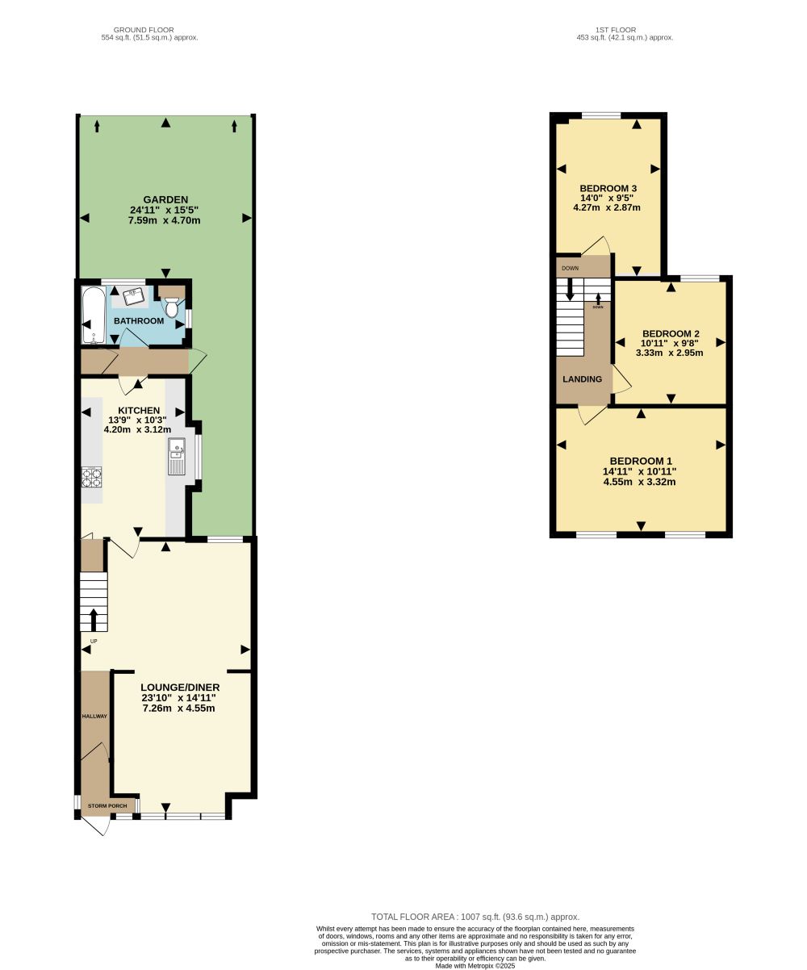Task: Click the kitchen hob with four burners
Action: coord(91,477)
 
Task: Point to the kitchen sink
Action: coord(177,456)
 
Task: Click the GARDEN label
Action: coord(165,200)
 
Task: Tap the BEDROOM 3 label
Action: coord(608,188)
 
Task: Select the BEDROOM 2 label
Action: coord(671,333)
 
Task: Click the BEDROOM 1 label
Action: coord(640,461)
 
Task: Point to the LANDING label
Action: coord(582,379)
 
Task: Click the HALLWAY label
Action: coord(94,716)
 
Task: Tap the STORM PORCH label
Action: coord(107,805)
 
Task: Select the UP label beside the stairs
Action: coord(94,641)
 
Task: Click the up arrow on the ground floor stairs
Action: coord(94,620)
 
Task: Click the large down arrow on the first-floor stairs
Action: coord(570,289)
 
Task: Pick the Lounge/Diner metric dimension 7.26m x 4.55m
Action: coord(179,708)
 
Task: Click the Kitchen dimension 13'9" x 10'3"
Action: coord(137,420)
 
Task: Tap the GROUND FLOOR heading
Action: coord(144,30)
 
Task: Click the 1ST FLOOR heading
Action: coord(616,30)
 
